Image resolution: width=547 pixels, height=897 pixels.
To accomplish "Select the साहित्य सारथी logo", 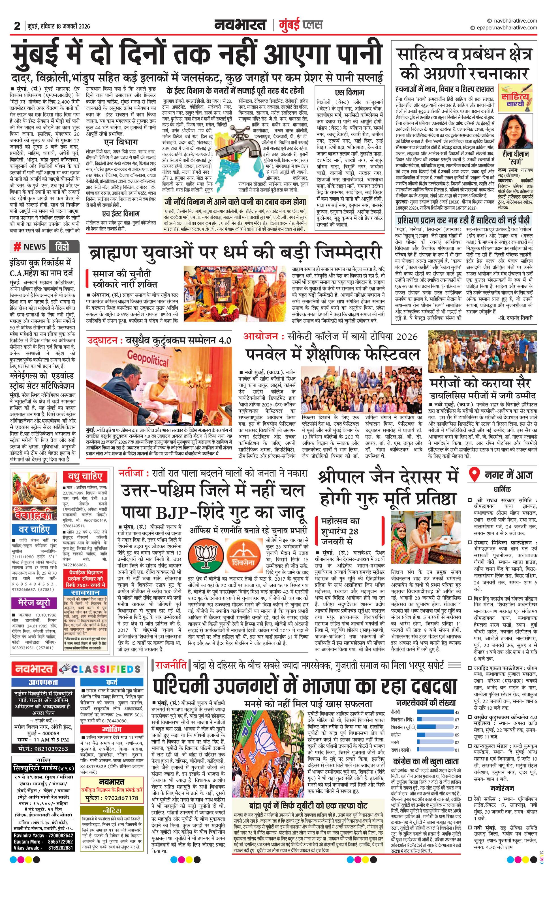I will pos(516,98).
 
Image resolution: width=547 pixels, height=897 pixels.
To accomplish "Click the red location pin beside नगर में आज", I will pos(475,475).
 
